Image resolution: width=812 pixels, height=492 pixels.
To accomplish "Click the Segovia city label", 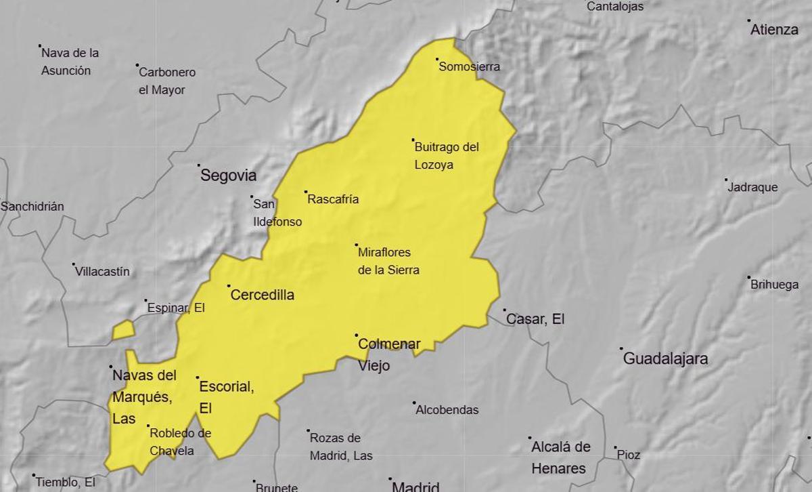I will (228, 176).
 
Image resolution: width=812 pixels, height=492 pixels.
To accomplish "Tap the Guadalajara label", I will (665, 358).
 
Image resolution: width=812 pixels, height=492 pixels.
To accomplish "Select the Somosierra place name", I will (470, 66).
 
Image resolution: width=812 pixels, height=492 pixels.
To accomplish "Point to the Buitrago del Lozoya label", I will (436, 155).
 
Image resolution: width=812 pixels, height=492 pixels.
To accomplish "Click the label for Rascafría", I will (333, 199).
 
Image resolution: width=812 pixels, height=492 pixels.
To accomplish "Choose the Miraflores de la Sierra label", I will (388, 261).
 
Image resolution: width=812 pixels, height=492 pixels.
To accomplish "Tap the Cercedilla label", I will (263, 295).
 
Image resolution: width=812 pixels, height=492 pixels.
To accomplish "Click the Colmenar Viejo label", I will (388, 354).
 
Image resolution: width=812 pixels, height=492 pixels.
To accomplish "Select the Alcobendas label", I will (447, 409).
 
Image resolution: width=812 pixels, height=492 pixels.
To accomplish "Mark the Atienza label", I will (774, 29).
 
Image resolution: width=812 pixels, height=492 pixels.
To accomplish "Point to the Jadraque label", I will (752, 187).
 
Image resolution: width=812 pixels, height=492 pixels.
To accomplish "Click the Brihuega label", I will (774, 285).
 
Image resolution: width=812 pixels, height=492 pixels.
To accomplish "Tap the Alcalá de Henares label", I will (560, 457).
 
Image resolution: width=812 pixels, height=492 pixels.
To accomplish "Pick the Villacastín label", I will (102, 271).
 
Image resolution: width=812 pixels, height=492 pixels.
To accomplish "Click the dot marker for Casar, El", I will (504, 310).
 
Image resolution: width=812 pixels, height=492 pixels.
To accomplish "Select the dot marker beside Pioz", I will (615, 447).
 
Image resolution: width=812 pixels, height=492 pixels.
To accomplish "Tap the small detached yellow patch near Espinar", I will (123, 331).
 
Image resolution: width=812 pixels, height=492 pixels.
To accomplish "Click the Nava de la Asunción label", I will (70, 61).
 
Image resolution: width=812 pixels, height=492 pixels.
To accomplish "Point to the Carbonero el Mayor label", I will (166, 81).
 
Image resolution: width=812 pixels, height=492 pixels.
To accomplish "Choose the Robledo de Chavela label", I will (180, 442).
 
